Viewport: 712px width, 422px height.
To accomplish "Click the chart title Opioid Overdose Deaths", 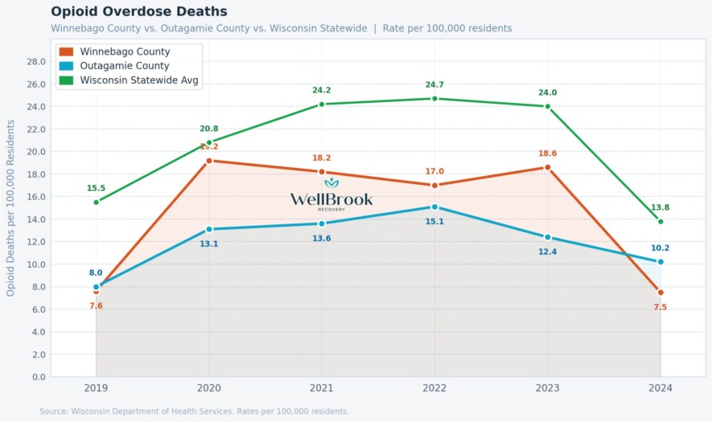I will click(139, 11).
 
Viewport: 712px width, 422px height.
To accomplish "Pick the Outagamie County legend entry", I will click(125, 66).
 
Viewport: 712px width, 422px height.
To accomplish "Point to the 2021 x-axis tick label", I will click(322, 387).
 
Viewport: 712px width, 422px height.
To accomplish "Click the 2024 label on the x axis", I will click(661, 387).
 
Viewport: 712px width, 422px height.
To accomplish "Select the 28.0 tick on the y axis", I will click(35, 61).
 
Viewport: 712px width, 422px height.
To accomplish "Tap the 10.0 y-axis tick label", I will click(35, 264).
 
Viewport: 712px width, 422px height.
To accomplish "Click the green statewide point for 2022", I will click(434, 99).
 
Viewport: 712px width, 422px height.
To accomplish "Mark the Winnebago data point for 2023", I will click(548, 167).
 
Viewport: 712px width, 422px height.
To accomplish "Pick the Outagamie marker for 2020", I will click(209, 229).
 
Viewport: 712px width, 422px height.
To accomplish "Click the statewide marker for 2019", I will click(96, 202).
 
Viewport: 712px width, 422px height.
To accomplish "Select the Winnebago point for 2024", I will click(661, 293).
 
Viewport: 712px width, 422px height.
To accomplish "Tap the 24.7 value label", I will click(434, 84).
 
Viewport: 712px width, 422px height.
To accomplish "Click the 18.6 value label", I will click(548, 153).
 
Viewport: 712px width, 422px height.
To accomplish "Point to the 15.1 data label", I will click(434, 221).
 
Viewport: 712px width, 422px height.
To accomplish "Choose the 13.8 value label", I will click(661, 207).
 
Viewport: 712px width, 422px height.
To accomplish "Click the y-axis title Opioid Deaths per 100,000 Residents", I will click(11, 207).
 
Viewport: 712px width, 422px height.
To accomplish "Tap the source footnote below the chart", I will click(194, 412).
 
